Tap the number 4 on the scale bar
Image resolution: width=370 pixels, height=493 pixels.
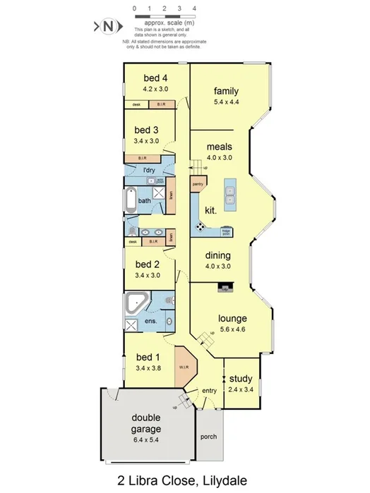point(194,8)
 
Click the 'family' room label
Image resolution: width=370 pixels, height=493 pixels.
point(226,91)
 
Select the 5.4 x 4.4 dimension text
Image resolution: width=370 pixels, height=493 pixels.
point(226,102)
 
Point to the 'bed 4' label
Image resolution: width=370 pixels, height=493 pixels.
point(155,78)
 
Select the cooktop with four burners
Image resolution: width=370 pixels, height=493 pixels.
point(201,226)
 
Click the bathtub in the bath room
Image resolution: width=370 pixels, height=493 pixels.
point(130,201)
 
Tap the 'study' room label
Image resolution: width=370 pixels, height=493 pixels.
point(241,379)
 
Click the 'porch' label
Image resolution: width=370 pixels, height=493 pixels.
point(208,436)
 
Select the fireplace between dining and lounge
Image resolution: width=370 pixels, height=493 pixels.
point(225,286)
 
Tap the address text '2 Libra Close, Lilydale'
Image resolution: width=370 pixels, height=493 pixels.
point(182,481)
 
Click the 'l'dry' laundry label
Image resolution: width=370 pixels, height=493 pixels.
point(149,171)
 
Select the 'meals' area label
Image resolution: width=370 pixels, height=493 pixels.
point(220,147)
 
